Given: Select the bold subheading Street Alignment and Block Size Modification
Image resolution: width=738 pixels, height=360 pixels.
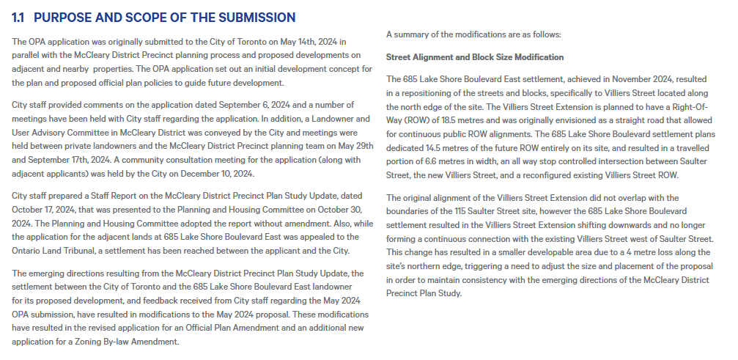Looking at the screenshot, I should click(475, 57).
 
